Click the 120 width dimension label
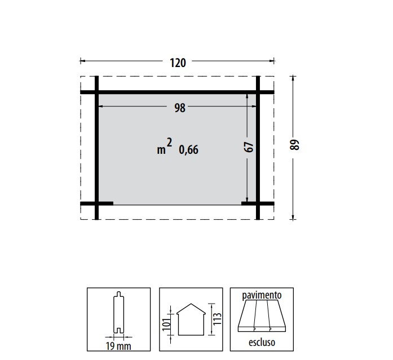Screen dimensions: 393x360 pyautogui.click(x=178, y=63)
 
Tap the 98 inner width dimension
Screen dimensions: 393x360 pyautogui.click(x=180, y=108)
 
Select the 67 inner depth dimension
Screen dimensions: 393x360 pyautogui.click(x=249, y=147)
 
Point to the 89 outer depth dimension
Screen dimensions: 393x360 pyautogui.click(x=294, y=145)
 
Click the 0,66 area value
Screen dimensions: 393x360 pyautogui.click(x=188, y=150)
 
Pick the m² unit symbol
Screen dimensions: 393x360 pyautogui.click(x=165, y=146)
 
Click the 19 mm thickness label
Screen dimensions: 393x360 pyautogui.click(x=118, y=346)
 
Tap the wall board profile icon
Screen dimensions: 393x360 pyautogui.click(x=118, y=313)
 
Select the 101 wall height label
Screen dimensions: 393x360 pyautogui.click(x=166, y=325)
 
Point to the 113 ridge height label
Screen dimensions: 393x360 pyautogui.click(x=217, y=319)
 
